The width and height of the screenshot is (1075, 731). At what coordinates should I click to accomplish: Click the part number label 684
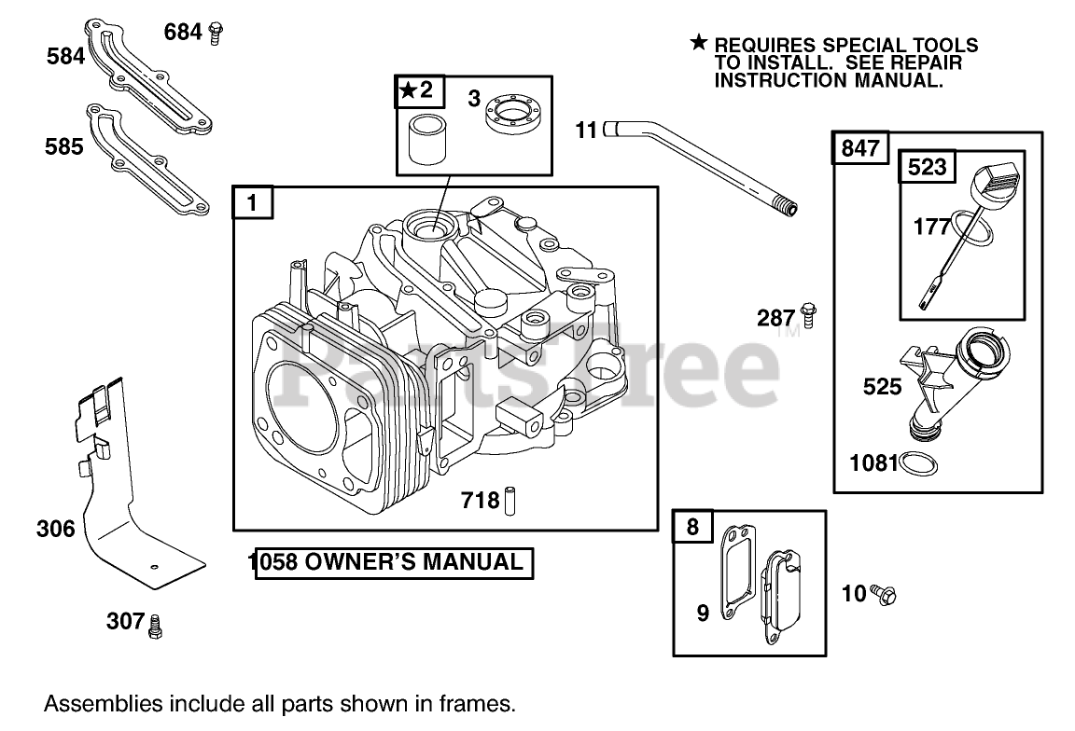(183, 32)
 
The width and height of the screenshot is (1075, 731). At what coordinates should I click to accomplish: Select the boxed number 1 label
(253, 202)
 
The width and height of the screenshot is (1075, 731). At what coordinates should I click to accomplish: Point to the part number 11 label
(585, 130)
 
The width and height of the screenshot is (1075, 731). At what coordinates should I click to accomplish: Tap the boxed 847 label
(860, 149)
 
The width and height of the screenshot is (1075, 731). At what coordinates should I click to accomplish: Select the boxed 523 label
(927, 168)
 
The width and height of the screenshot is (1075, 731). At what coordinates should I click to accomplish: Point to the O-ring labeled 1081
(920, 462)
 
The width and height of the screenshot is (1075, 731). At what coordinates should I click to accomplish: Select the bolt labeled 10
(884, 592)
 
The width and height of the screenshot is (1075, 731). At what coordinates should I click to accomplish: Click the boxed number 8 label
(692, 527)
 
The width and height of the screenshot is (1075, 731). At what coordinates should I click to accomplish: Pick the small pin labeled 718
(510, 501)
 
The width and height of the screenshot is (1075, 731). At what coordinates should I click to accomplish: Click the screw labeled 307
(156, 623)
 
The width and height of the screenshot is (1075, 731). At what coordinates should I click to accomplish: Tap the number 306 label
(55, 529)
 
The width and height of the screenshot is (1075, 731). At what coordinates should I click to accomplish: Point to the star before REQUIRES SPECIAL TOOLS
(699, 43)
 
